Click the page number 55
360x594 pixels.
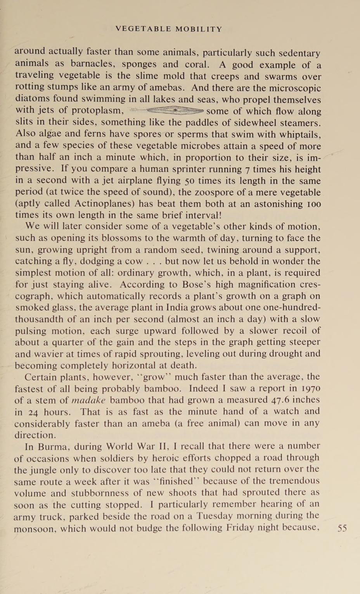[x=342, y=528]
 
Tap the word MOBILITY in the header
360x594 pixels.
[x=199, y=29]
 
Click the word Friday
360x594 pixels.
[x=242, y=528]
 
